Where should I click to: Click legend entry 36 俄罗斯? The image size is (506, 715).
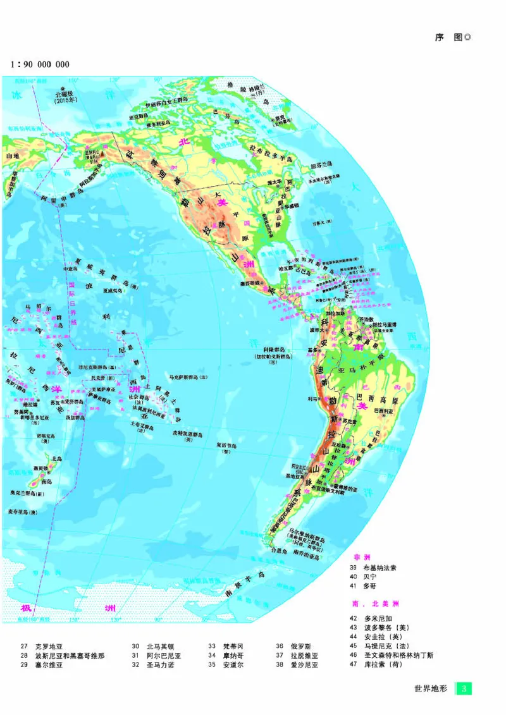point(297,646)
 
